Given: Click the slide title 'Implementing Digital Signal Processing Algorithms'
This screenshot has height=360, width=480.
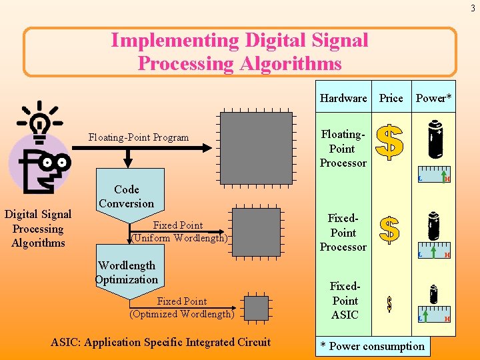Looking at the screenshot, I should pos(239,51).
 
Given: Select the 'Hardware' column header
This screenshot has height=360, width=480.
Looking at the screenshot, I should pos(343,98).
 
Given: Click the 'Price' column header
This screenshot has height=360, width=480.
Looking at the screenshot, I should pos(391,98).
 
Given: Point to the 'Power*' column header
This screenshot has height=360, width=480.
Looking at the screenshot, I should pos(433,98).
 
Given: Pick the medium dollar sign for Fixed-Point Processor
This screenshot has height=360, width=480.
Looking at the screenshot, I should pos(389,229).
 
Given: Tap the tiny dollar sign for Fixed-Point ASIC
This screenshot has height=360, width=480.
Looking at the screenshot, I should pos(389,304).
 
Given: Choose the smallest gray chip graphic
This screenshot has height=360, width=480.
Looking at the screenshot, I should pos(256,308).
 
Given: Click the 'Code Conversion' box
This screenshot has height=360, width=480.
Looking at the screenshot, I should pos(126,196).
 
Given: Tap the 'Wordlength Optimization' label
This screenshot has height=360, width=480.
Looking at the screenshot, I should pos(127,273).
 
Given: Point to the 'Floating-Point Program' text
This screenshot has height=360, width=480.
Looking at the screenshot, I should pos(139,138).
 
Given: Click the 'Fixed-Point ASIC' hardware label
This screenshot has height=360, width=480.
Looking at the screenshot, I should pos(345,301).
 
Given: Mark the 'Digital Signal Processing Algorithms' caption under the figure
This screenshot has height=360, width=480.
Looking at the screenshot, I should pos(38,229).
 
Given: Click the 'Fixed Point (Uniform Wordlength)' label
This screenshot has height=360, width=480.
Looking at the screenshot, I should pos(179,231).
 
